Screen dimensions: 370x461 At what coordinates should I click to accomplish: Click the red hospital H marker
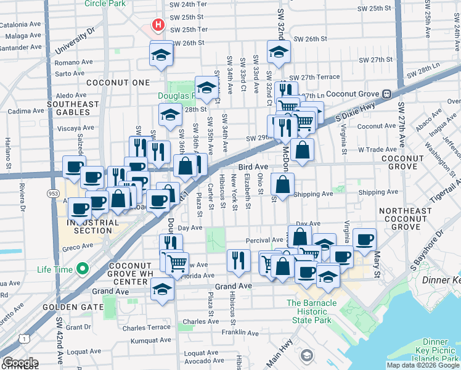tap(158, 26)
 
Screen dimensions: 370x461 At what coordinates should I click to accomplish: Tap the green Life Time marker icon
tap(81, 269)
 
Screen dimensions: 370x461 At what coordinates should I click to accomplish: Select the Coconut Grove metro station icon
tap(386, 94)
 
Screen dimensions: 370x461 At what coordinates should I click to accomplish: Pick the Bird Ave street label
tap(253, 166)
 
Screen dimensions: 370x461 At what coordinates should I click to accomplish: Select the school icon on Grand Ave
tap(162, 290)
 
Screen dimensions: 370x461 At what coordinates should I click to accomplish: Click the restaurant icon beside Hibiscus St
tap(238, 260)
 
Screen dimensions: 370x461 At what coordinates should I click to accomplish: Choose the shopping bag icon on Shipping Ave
tap(282, 184)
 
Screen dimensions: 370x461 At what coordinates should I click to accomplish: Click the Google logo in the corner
tap(20, 363)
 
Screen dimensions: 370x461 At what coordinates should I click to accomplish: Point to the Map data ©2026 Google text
tap(422, 365)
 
